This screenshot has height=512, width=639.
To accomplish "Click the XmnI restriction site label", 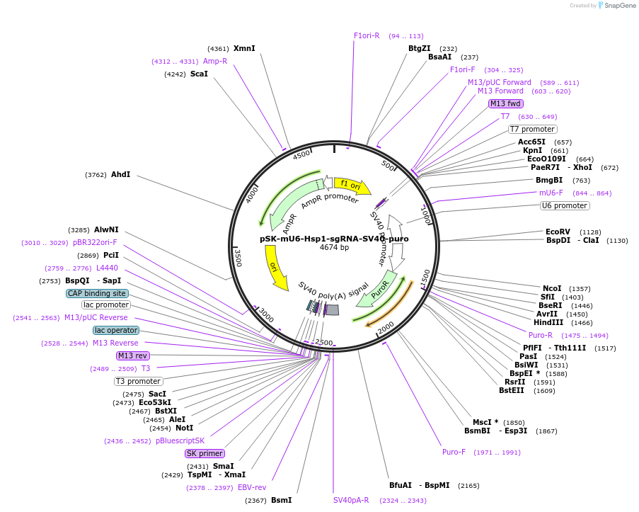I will pos(244,48).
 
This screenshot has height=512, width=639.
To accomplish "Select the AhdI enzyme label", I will pos(121,174).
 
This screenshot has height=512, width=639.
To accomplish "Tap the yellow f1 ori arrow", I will pos(352,186).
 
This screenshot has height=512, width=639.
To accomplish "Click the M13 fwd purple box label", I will pos(506,103).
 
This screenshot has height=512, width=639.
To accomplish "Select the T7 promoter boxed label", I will pos(533,129).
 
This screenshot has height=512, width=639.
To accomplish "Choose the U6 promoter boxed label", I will pos(565,205).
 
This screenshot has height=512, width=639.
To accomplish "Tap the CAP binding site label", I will pos(97,293).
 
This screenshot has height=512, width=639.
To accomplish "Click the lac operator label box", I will pos(116,330).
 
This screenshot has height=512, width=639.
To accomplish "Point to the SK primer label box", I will pos(205,453).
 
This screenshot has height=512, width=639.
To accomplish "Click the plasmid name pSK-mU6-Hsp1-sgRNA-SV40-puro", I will pos(334,239).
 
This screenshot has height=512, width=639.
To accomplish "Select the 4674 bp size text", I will pos(334,248).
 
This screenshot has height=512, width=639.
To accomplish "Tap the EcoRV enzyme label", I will pos(558,232).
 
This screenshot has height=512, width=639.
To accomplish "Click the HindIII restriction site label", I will pos(548,322).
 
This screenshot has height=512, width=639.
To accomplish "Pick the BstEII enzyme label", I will pos(512,390).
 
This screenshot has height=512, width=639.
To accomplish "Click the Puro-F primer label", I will pos(454,452).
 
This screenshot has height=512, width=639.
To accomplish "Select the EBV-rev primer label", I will pos(252,487).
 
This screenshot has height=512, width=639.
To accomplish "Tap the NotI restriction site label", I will pos(184,428).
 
